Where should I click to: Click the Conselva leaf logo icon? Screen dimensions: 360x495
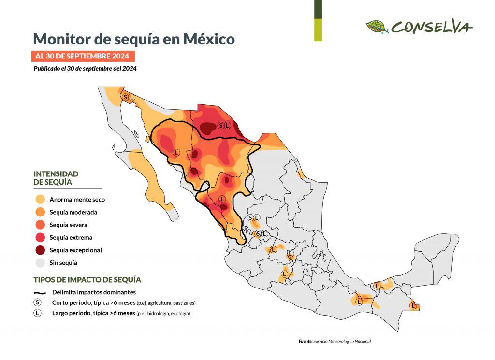coord(377,27)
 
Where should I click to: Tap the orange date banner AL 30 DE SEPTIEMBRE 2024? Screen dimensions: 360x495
coord(82,56)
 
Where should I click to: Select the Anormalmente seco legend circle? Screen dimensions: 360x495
coord(40,199)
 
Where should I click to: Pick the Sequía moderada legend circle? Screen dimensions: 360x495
coord(40,212)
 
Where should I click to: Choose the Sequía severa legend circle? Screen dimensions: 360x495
coord(40,225)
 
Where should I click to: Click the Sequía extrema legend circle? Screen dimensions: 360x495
coord(40,237)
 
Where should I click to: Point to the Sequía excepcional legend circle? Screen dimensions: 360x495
coord(40,250)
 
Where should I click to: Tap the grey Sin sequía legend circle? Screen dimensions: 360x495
coord(40,263)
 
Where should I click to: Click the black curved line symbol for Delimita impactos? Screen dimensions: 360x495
coord(40,292)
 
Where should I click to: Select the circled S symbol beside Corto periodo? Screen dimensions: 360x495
coord(37,302)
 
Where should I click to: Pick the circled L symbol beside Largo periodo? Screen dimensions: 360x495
coord(37,313)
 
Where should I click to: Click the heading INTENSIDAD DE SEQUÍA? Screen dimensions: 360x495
coord(56,178)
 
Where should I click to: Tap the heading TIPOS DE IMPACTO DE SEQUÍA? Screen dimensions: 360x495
coord(87,280)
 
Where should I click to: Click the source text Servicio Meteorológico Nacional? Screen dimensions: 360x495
coord(342,342)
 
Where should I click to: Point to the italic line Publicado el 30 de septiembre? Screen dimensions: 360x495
coord(85,69)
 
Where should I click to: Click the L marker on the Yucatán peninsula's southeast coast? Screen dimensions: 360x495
coord(413,305)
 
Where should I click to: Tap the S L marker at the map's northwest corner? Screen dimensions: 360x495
coord(129,97)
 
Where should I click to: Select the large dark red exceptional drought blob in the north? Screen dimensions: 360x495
coord(209,128)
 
